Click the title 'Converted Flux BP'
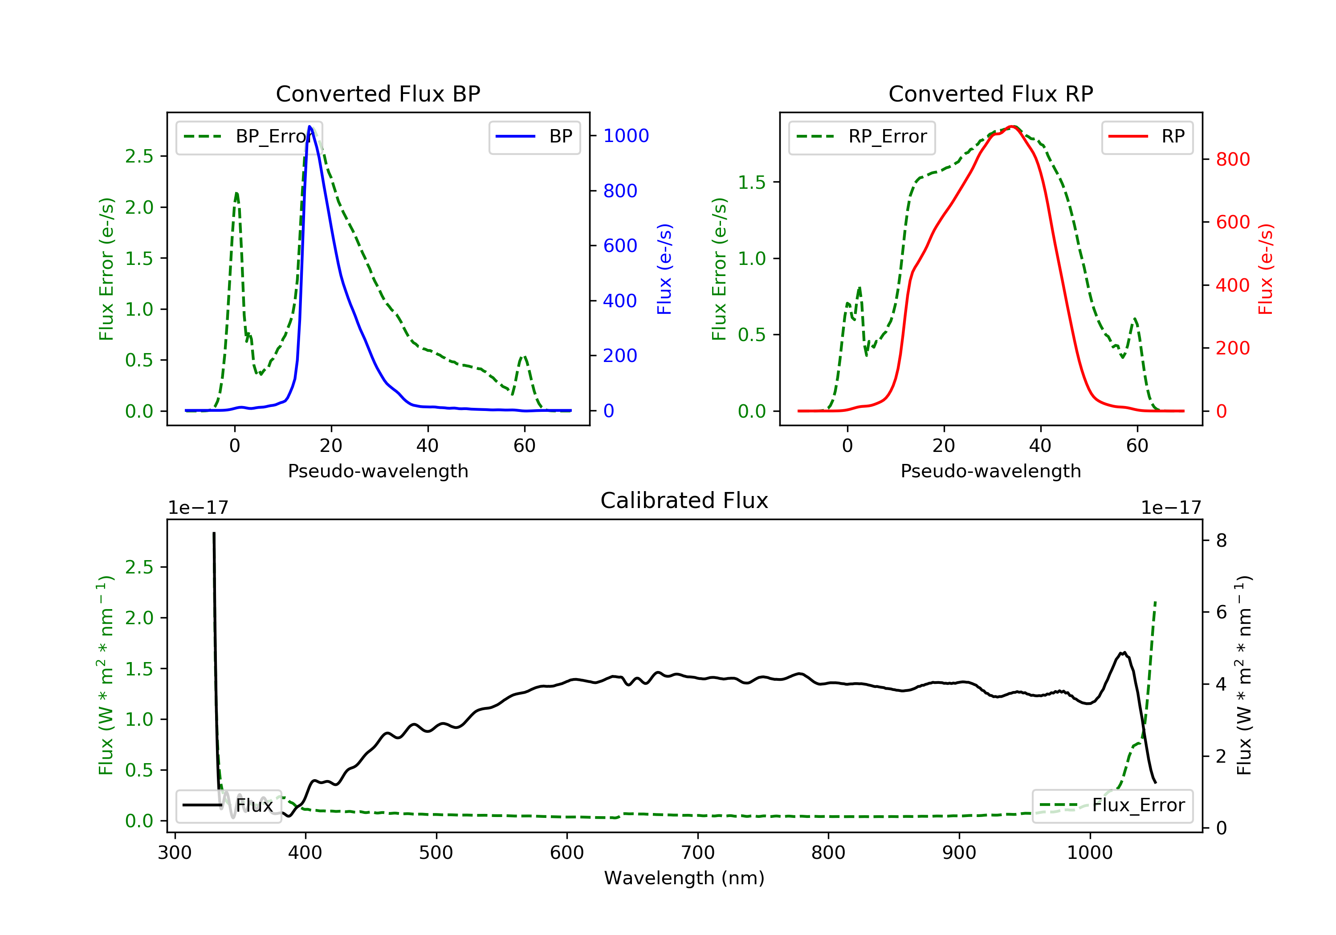coord(378,93)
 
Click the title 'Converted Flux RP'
coord(990,93)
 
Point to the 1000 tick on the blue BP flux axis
coord(626,135)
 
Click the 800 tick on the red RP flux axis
coord(1232,159)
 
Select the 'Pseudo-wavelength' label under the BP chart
coord(378,471)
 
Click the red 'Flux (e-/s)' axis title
coord(1266,269)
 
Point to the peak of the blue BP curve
coord(310,126)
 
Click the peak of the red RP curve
coord(1013,126)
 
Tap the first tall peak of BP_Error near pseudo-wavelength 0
coord(236,193)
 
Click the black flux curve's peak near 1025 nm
coord(1124,653)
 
